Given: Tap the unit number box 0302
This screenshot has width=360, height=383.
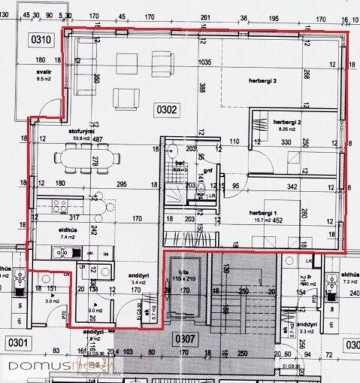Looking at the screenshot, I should pyautogui.click(x=167, y=111).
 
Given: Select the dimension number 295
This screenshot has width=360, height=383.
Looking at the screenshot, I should pyautogui.click(x=121, y=183).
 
